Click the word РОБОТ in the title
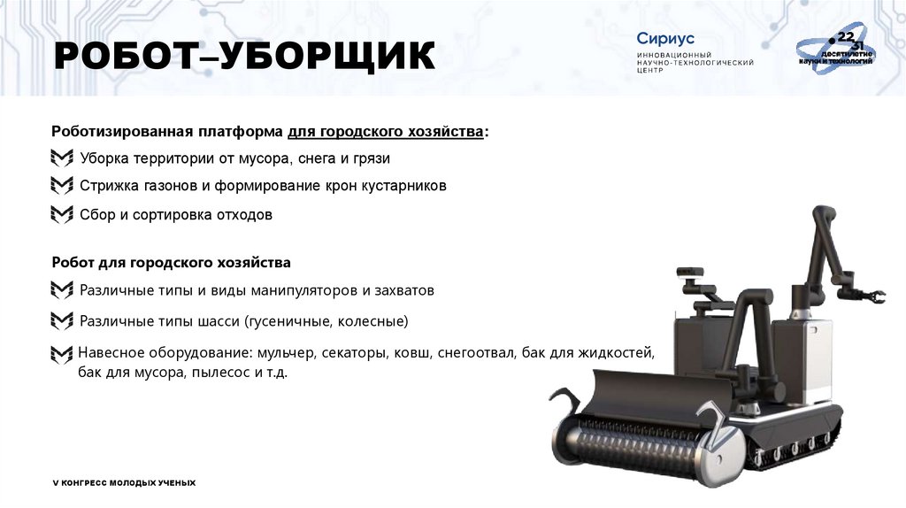[x=123, y=57]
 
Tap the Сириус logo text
[x=665, y=39]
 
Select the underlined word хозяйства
[x=443, y=131]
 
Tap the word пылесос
[x=227, y=373]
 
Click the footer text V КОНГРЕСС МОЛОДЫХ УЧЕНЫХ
[x=124, y=482]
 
